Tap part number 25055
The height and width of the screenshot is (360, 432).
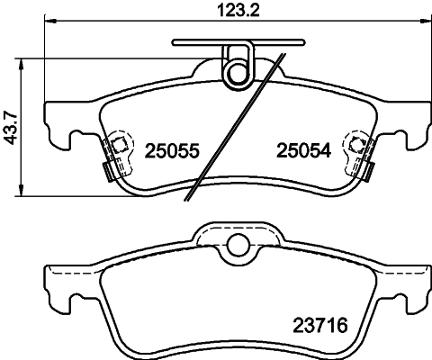(x=170, y=152)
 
